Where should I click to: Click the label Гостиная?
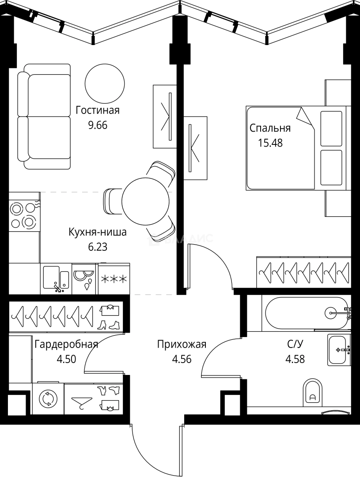[97, 110]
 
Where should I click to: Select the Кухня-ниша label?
[97, 232]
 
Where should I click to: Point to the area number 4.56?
[182, 359]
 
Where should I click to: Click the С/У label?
[295, 344]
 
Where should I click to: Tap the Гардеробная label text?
[66, 344]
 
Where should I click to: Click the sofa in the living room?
[44, 117]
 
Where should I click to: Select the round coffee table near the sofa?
[105, 83]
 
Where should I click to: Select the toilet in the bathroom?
[313, 393]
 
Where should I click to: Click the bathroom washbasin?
[339, 350]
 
